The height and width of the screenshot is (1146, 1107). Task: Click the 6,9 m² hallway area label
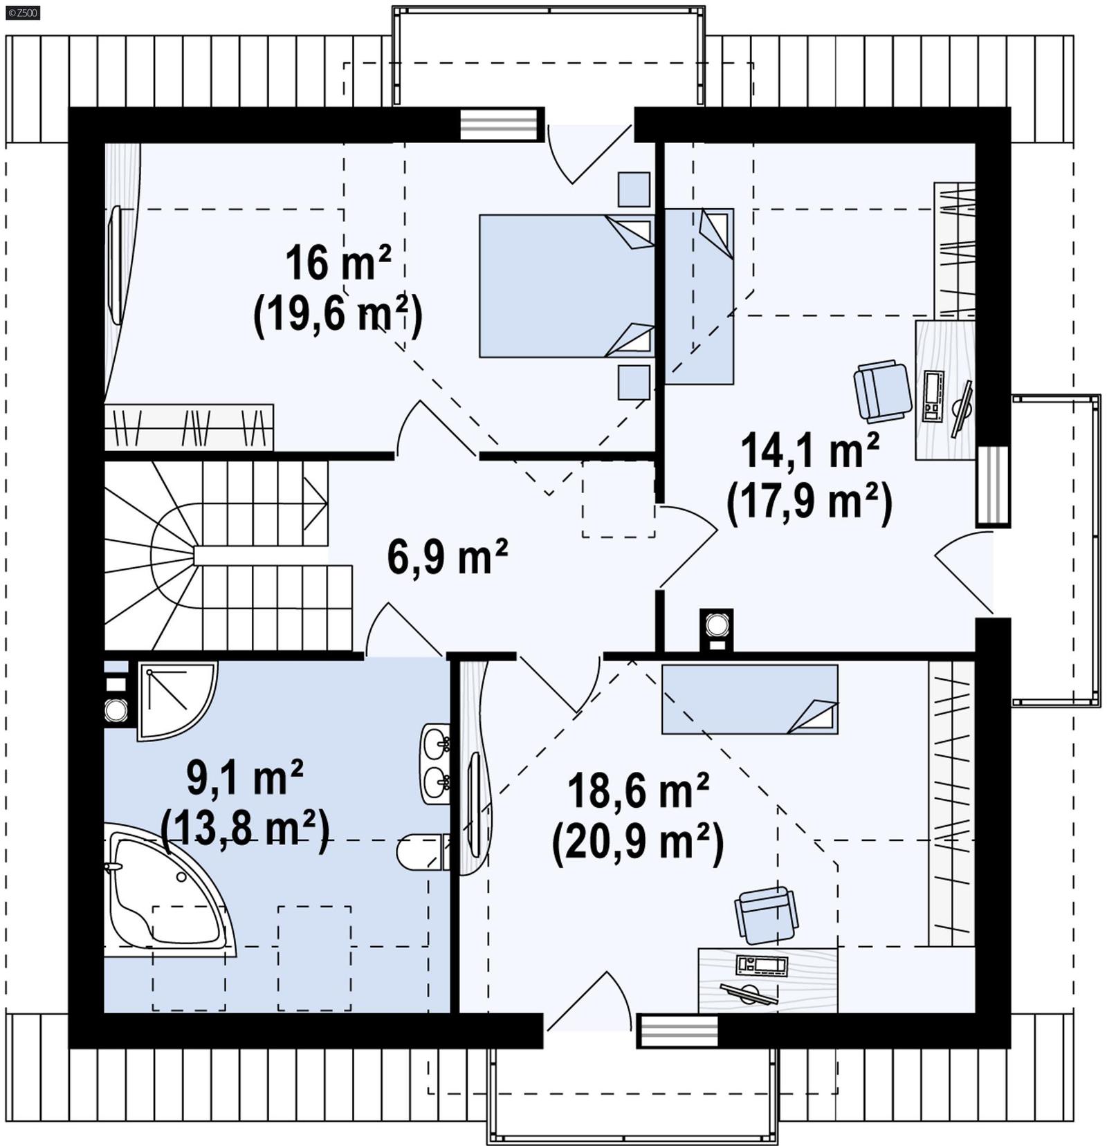click(x=448, y=557)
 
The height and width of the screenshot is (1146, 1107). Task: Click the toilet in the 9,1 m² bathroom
click(x=419, y=853)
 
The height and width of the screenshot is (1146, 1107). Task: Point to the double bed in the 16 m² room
click(x=566, y=286)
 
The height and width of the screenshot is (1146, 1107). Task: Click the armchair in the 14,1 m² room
click(x=882, y=391)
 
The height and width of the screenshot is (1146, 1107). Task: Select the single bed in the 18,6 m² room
click(x=749, y=699)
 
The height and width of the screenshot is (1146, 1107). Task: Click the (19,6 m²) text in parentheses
click(x=338, y=315)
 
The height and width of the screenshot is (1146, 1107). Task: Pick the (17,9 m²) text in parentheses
click(x=809, y=502)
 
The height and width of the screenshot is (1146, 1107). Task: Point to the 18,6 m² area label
click(x=638, y=791)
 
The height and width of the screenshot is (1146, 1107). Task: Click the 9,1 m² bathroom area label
click(x=245, y=777)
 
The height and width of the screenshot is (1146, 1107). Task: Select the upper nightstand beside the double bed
click(x=634, y=189)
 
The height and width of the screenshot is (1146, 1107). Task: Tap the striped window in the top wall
click(x=500, y=125)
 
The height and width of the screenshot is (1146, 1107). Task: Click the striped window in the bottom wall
click(x=677, y=1031)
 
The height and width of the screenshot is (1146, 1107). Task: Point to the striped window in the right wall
click(x=993, y=486)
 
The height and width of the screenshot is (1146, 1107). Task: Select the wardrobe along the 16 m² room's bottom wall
click(x=189, y=427)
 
